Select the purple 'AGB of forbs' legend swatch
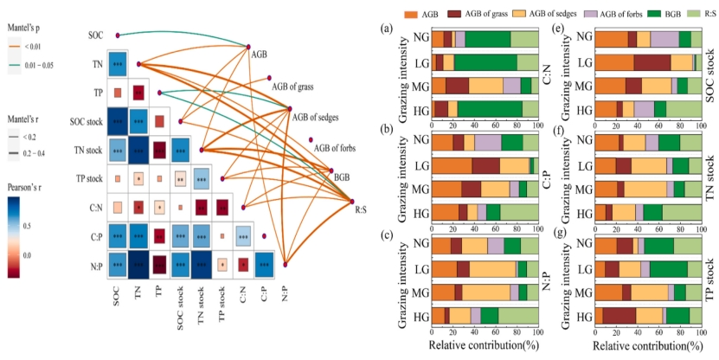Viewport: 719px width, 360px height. click(577, 15)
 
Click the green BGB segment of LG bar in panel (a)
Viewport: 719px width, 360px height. click(485, 61)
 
